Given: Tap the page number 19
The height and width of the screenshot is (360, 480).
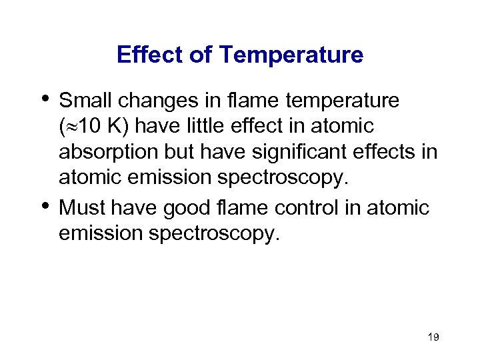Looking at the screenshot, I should pyautogui.click(x=433, y=337).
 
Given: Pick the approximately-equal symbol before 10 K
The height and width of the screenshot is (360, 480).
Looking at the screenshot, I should pyautogui.click(x=72, y=127).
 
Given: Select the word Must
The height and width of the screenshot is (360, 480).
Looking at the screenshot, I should pyautogui.click(x=83, y=208).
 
